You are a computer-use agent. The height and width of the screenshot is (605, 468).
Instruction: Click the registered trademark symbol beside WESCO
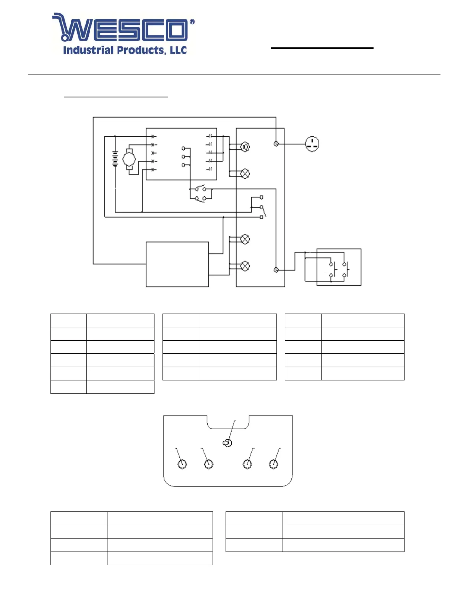point(192,22)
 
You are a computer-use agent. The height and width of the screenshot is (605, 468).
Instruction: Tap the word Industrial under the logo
point(88,50)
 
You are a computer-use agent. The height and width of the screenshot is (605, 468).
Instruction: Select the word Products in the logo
point(141,50)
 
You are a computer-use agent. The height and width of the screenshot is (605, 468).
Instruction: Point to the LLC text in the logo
point(178,50)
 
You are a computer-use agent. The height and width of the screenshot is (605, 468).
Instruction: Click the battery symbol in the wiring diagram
point(115,159)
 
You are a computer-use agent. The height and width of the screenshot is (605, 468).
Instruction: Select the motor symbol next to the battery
point(129,159)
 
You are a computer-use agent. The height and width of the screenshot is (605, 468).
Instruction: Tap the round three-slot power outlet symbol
point(312,144)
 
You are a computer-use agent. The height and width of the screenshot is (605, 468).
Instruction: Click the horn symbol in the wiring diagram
point(245,147)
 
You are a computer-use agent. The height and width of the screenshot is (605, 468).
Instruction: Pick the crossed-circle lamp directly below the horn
point(245,174)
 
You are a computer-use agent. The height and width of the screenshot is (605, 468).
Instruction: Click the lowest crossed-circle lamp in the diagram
point(245,266)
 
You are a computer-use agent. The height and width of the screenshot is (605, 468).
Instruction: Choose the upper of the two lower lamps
point(245,239)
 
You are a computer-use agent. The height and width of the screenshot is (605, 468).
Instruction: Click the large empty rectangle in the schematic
point(177,264)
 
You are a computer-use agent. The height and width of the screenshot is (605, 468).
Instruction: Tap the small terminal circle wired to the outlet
point(276,144)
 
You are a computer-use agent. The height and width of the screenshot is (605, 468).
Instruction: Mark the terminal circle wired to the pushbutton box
point(276,270)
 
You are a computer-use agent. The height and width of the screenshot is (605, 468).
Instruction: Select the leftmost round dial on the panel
point(182,464)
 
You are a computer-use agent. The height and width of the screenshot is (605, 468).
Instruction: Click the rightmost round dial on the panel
point(274,464)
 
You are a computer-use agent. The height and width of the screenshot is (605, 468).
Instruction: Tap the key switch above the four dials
point(227,443)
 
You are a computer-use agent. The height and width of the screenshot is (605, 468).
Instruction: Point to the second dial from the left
point(209,464)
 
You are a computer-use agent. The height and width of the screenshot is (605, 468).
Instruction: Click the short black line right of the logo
point(322,48)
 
